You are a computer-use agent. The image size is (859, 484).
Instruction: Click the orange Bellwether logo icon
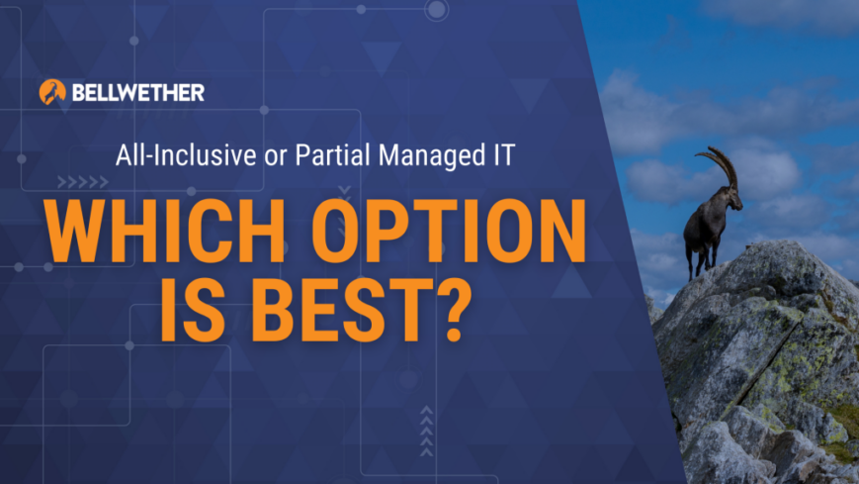[52, 92]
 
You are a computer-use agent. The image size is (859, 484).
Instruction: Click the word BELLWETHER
[138, 93]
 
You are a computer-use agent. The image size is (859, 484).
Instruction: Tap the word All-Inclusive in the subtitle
[186, 154]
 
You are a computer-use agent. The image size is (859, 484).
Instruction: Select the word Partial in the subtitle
[332, 154]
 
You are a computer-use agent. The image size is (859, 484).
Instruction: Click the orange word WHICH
[165, 231]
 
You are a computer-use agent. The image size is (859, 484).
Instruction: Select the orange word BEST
[337, 310]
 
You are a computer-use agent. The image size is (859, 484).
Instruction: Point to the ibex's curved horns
[719, 163]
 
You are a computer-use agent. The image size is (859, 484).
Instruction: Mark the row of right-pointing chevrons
[83, 182]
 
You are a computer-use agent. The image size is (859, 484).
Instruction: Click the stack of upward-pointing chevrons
[426, 432]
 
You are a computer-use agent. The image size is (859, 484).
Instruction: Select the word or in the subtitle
[276, 157]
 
